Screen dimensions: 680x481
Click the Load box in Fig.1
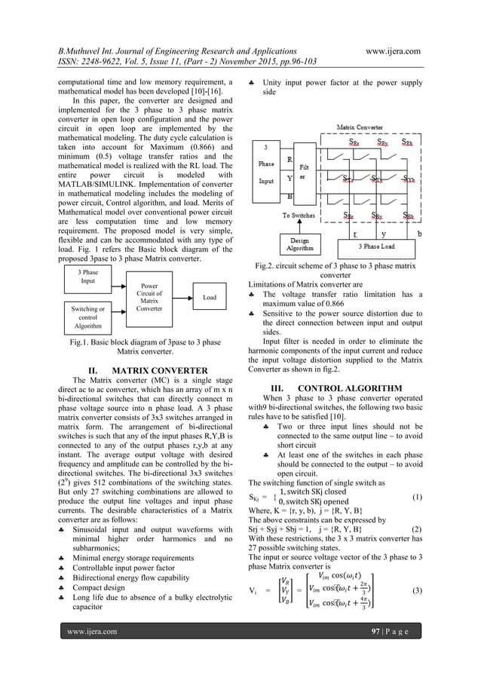pyautogui.click(x=210, y=298)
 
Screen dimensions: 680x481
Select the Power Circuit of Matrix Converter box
pyautogui.click(x=147, y=297)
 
